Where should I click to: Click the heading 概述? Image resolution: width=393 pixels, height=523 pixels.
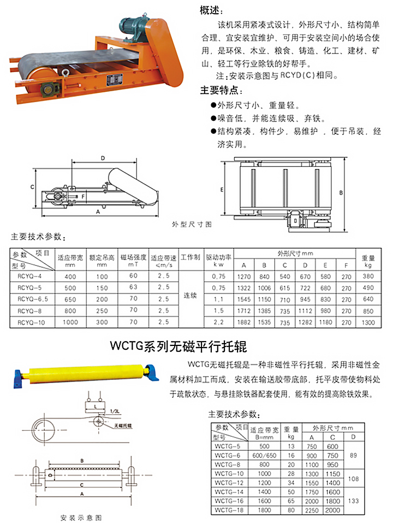212,10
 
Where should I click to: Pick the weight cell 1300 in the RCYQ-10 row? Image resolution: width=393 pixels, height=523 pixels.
368,322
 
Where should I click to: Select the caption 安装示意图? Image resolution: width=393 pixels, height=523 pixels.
81,516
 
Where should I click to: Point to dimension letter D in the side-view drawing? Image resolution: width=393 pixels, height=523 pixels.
103,158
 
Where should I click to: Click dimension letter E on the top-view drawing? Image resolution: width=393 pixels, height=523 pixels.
222,189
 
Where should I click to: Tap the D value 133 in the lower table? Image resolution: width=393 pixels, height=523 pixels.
354,501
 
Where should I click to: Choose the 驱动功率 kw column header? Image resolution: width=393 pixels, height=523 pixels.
218,260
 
